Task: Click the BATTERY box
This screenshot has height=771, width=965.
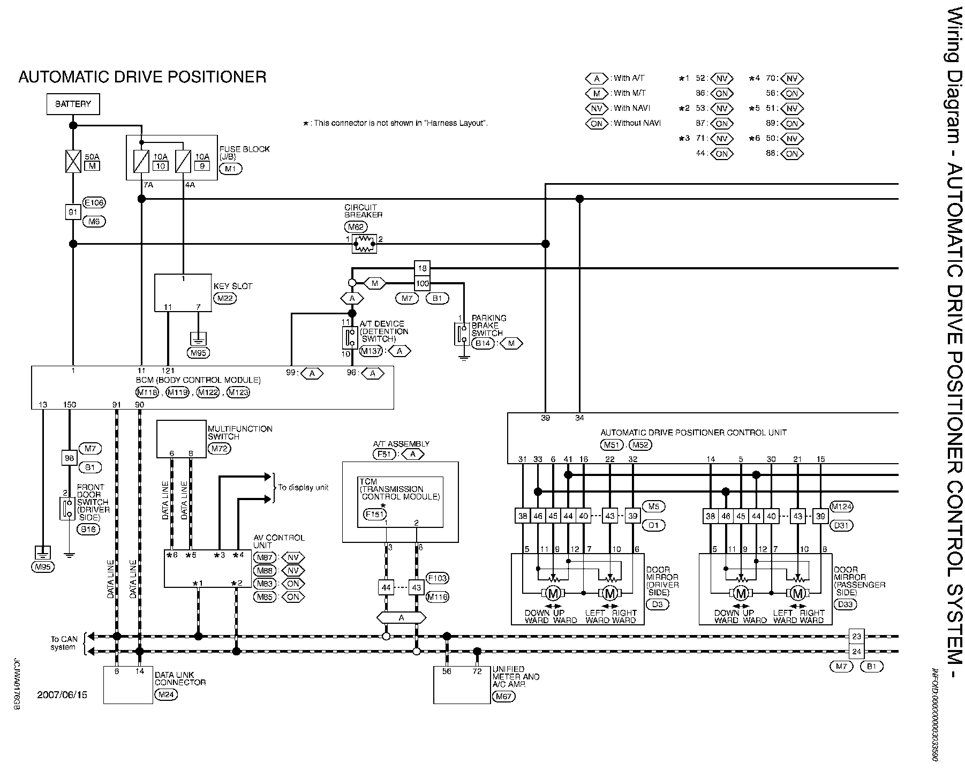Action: coord(73,104)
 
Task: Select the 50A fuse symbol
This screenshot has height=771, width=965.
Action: coord(73,161)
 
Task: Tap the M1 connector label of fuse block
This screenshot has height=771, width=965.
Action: coord(230,169)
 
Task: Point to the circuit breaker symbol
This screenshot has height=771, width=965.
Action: coord(365,244)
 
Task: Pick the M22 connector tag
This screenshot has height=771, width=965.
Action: coord(225,299)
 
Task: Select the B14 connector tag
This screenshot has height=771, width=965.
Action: coord(484,344)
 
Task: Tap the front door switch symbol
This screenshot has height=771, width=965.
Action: coord(67,508)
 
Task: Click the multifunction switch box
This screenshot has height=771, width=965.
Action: coord(182,439)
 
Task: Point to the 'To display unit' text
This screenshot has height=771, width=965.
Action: coord(303,487)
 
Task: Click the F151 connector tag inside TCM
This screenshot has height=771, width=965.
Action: coord(374,514)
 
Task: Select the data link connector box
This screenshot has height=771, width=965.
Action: coord(128,685)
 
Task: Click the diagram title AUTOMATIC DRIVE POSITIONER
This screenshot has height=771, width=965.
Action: coord(142,77)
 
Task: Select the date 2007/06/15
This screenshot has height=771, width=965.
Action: coord(62,696)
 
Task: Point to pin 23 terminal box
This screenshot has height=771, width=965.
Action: coord(856,637)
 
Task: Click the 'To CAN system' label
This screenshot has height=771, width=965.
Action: coord(64,643)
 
